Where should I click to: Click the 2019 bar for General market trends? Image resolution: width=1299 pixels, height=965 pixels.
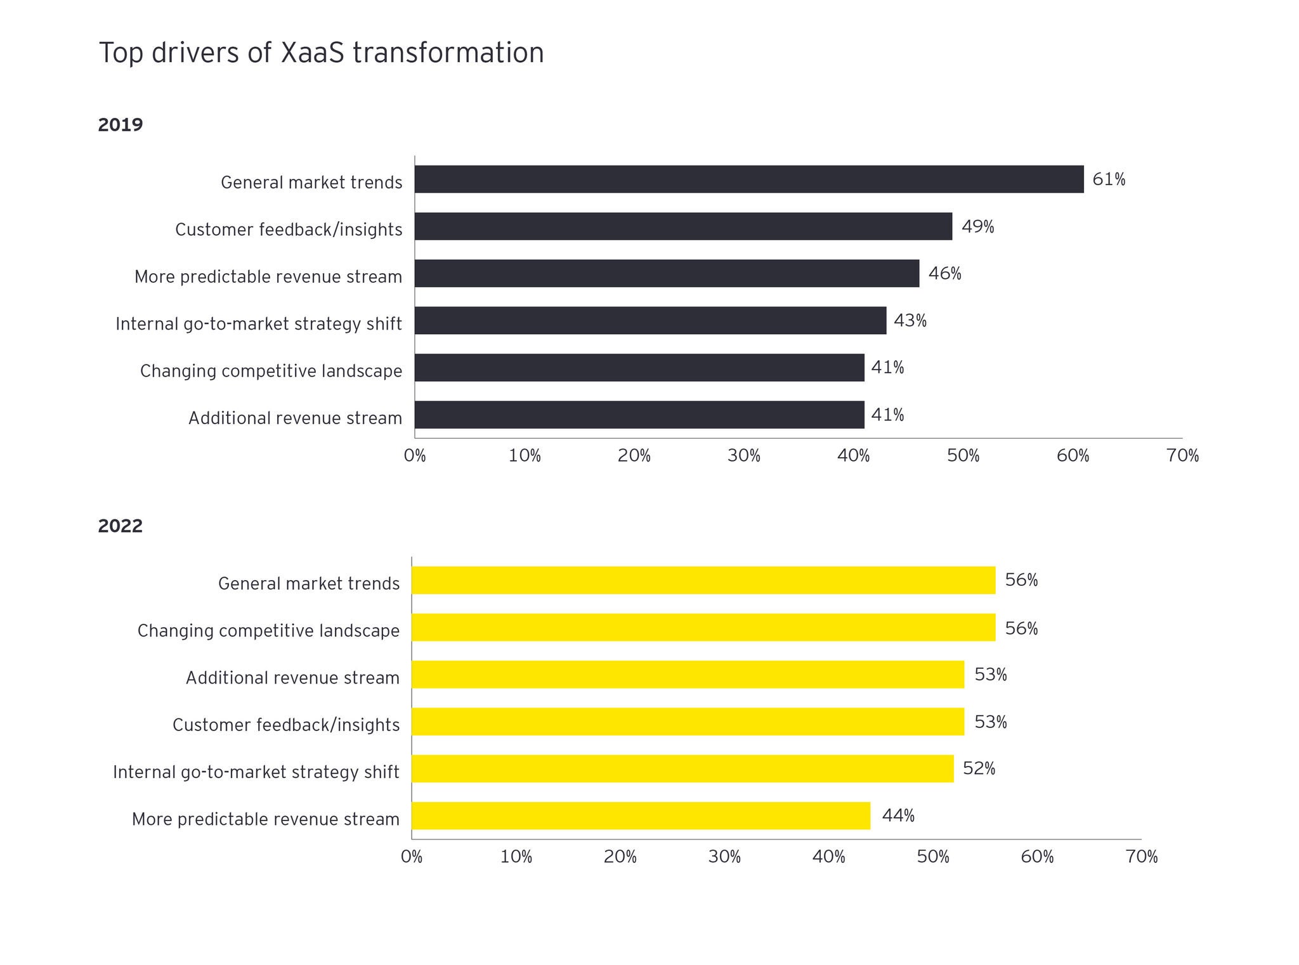748,179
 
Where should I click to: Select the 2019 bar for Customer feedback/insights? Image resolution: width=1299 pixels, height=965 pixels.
683,226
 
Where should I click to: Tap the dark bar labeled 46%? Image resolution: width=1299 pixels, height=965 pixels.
667,273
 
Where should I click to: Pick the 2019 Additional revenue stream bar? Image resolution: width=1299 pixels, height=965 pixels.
639,415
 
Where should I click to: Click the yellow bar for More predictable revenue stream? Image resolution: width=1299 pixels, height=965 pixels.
641,815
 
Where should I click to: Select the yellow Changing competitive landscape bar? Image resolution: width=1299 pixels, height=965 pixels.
703,627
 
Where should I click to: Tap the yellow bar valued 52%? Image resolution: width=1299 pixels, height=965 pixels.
682,768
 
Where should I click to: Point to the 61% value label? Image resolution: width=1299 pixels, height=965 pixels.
1108,179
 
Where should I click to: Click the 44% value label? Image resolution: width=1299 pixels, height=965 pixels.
898,815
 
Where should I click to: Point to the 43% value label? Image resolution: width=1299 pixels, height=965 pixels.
910,321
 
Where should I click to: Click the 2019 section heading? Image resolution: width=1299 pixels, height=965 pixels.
121,125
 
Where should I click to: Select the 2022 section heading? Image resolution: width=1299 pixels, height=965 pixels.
121,526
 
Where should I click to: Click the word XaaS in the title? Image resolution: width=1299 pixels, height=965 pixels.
312,53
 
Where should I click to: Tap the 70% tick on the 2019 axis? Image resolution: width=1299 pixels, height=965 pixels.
1182,456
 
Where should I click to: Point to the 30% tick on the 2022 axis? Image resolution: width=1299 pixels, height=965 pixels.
724,857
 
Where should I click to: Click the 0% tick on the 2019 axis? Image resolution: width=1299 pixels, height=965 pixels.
415,456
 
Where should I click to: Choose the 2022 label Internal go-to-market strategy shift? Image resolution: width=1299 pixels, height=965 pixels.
256,772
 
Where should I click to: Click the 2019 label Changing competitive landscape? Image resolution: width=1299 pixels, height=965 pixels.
271,371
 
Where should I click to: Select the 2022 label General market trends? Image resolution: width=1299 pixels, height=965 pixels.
309,583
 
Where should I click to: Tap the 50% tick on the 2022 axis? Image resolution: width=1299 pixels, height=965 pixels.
933,857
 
